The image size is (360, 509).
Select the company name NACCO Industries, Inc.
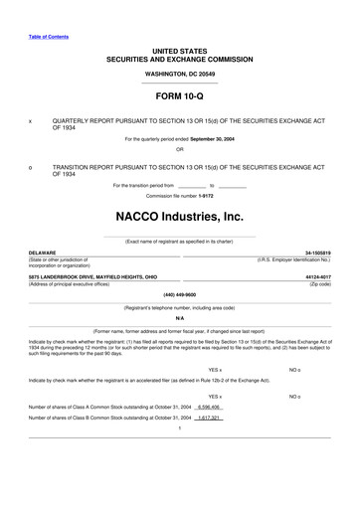click(x=179, y=215)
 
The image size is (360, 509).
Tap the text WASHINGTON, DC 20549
click(x=179, y=74)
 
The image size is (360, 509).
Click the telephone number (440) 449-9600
click(x=179, y=294)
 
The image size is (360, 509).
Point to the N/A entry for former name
click(x=179, y=318)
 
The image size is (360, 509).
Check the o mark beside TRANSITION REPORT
click(x=31, y=167)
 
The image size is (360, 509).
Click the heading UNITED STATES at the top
click(x=179, y=49)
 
